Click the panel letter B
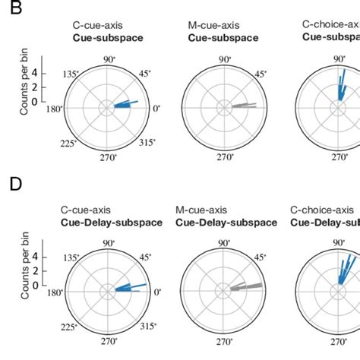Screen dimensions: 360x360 (x=10, y=10)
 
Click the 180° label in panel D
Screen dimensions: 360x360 (x=52, y=292)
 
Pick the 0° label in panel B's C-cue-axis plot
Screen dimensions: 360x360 (x=157, y=109)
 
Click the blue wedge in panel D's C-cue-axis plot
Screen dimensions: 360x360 (x=126, y=288)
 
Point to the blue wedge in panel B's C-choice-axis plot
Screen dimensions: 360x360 (x=339, y=95)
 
